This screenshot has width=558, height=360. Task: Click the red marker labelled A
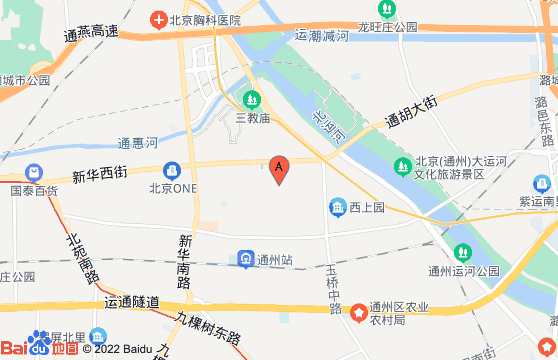279,169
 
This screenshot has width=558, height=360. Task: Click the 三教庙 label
253,117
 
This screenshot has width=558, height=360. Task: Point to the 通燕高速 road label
91,33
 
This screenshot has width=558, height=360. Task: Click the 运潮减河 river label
321,36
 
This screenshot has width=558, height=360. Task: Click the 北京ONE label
171,187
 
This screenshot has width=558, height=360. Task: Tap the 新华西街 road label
101,172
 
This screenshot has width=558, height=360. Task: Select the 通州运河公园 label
463,270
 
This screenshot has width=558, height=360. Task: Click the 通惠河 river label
137,143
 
